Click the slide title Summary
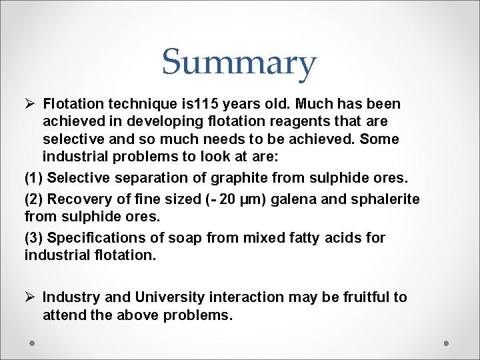[x=239, y=63]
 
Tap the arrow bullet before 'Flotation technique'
[x=29, y=104]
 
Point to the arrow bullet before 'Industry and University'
[x=29, y=297]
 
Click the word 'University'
[x=171, y=297]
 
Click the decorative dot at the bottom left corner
[x=32, y=343]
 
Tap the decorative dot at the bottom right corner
[x=447, y=343]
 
